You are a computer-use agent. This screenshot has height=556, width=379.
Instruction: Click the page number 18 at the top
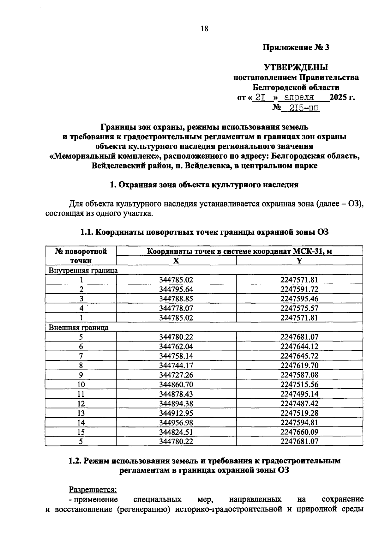pos(204,29)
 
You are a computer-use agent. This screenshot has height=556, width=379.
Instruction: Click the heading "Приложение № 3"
pos(296,47)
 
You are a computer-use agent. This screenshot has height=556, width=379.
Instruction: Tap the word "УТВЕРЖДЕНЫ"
pos(296,67)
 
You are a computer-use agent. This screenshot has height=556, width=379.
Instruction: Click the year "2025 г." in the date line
pos(342,97)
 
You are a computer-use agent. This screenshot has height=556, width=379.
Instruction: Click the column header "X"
pos(176,261)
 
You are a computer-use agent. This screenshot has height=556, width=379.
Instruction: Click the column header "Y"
pos(299,261)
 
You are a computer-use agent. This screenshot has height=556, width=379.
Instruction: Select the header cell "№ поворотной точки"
pos(81,256)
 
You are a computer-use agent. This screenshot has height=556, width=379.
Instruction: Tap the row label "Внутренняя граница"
pos(83,270)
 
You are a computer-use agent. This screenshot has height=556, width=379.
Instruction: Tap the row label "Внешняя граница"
pos(78,327)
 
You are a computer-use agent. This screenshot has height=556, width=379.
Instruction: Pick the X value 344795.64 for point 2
pos(176,289)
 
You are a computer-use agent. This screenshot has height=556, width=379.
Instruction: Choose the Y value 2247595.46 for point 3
pos(299,299)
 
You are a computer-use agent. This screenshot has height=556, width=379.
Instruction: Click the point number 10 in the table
pos(81,384)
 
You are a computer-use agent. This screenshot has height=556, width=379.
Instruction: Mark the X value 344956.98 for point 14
pos(176,422)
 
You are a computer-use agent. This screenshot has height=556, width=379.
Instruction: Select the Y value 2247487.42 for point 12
pos(299,403)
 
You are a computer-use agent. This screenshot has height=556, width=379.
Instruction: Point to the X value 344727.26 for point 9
pos(176,375)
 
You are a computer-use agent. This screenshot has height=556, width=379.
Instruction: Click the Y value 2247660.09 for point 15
pos(299,432)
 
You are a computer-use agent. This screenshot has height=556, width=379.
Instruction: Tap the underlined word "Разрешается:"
pos(93,490)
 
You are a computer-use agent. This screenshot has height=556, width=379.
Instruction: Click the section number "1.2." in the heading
pos(76,461)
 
